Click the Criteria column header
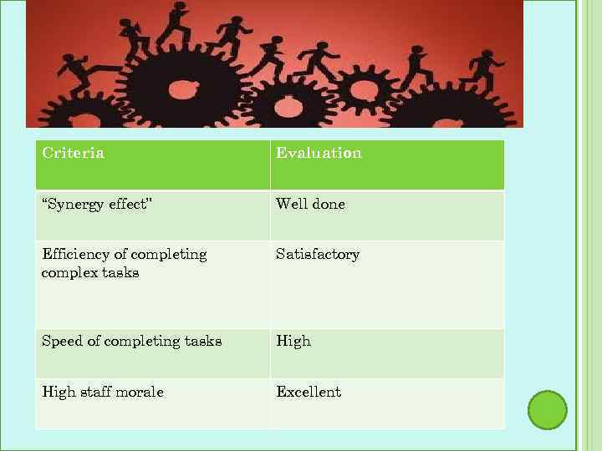74,153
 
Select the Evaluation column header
319,153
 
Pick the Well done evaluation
310,204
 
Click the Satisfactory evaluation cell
318,254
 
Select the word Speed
61,341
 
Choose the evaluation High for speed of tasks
293,341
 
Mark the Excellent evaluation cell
309,392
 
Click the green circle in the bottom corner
548,410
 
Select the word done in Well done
328,204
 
